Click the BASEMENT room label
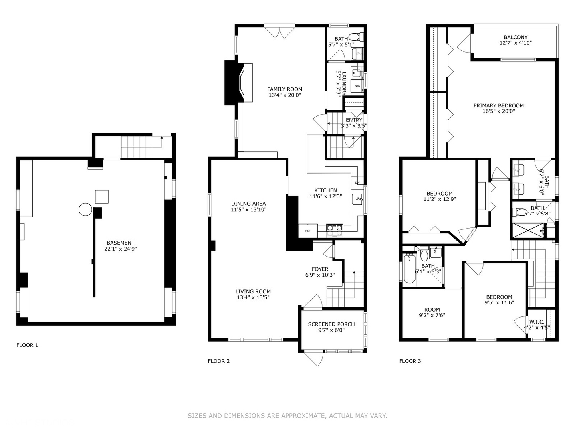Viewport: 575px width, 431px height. tap(121, 243)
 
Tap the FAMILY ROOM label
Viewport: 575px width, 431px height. tap(285, 89)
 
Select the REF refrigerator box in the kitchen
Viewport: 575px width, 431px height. tap(308, 231)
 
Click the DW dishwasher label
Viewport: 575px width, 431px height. tap(357, 183)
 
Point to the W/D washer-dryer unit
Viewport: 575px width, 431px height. tap(357, 86)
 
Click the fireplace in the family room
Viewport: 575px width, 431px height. tap(239, 83)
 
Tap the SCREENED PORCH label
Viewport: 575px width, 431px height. tap(331, 324)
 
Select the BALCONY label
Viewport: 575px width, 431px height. tap(516, 37)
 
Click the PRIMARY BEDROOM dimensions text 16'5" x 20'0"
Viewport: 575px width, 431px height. tap(498, 111)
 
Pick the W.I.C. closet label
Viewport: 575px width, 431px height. tap(537, 322)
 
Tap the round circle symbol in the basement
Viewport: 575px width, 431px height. tap(85, 209)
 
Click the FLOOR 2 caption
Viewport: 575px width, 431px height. tap(219, 361)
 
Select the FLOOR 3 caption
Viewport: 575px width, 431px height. tap(410, 361)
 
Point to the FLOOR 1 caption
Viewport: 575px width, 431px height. tap(27, 345)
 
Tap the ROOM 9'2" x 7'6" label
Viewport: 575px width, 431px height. tap(432, 310)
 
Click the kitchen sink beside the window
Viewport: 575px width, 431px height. tap(357, 198)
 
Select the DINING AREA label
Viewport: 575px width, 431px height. tap(248, 204)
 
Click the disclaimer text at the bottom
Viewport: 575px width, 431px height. tap(287, 416)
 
